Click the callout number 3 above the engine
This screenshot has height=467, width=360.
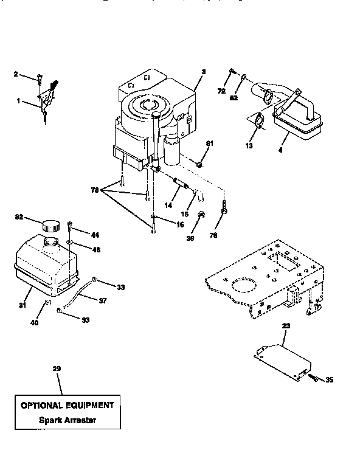(x=204, y=72)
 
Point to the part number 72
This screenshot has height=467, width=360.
(x=221, y=91)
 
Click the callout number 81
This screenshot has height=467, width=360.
(x=210, y=144)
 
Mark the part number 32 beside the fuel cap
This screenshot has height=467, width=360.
(x=19, y=216)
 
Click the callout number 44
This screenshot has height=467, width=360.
(x=95, y=235)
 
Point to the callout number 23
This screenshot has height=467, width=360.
(x=286, y=326)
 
